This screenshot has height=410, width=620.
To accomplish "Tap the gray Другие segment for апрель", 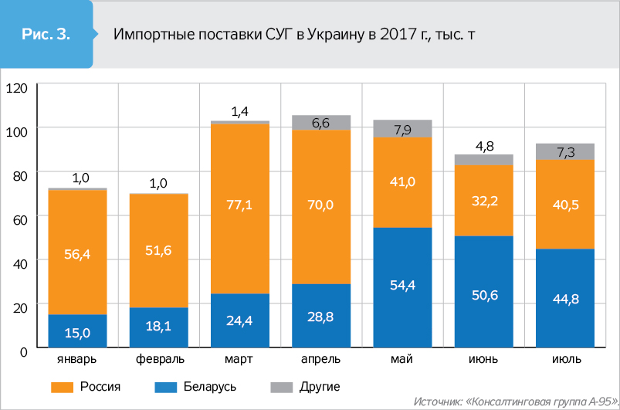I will [x=320, y=123].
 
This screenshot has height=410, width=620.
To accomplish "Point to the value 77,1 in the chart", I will [x=240, y=204].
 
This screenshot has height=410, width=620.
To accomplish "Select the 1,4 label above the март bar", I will [x=240, y=111].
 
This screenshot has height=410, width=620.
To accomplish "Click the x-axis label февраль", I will [x=158, y=361].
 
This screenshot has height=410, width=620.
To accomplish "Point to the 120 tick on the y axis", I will [x=16, y=88].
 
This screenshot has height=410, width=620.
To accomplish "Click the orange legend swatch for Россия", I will [x=61, y=386].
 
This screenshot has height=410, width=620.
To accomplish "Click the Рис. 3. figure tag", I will [x=46, y=34].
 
